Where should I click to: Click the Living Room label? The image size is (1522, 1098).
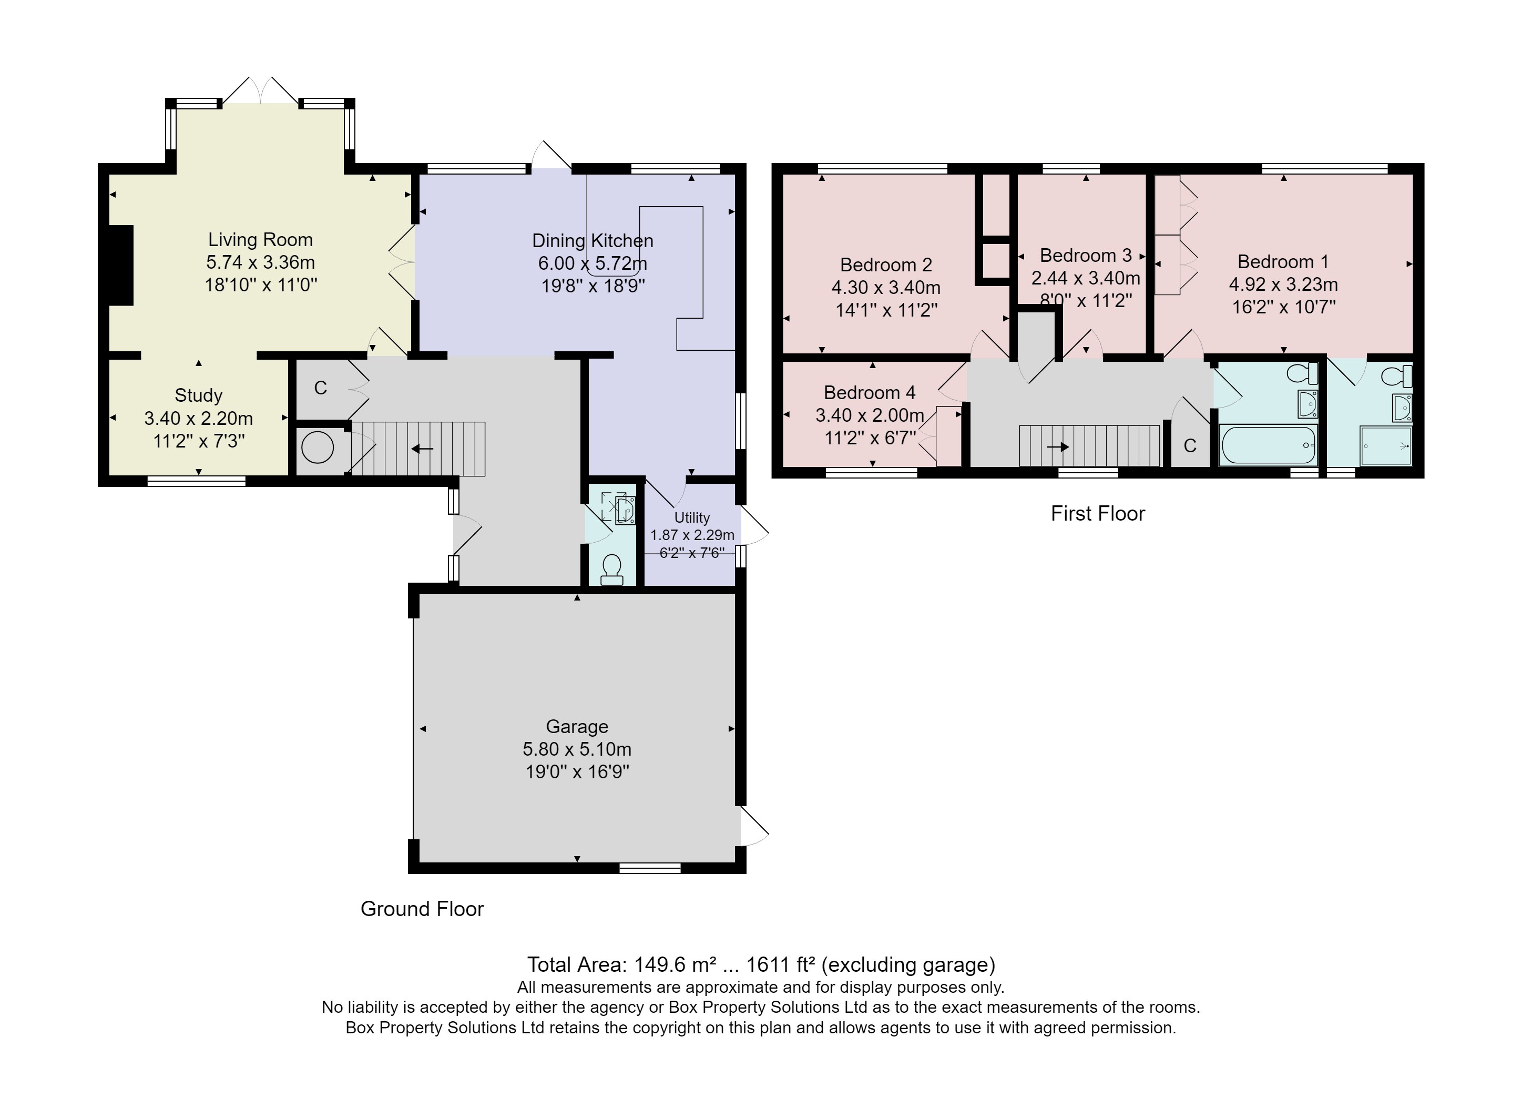click(260, 240)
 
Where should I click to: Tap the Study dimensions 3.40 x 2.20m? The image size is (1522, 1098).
click(198, 418)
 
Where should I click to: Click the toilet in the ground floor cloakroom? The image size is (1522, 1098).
click(611, 569)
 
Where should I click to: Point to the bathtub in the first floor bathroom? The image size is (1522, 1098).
click(1268, 445)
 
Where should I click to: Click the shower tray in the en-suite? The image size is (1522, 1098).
click(1385, 445)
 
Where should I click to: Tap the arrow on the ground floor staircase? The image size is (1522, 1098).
click(422, 449)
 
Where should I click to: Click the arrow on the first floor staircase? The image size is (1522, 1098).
click(1058, 446)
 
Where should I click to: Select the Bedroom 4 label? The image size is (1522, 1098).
click(869, 392)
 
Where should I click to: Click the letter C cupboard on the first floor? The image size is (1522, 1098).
click(1190, 445)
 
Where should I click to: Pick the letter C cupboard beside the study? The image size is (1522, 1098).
click(320, 388)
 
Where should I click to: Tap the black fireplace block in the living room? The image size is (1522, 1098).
click(121, 265)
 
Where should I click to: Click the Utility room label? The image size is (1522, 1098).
click(691, 517)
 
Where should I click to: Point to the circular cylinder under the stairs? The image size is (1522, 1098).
click(318, 447)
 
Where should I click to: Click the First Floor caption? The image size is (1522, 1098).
click(1097, 513)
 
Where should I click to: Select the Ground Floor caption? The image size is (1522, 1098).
click(422, 909)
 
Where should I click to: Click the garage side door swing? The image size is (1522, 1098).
click(753, 826)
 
